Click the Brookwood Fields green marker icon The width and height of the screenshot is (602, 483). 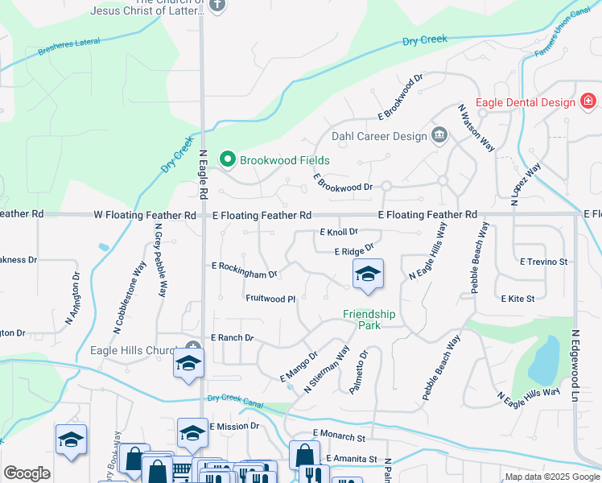tap(227, 160)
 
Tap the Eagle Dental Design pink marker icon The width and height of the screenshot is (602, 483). tap(588, 102)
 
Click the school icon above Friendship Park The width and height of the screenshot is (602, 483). tap(368, 275)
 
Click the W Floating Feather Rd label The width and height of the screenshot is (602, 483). tap(145, 215)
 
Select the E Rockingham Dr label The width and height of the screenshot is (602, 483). tap(244, 270)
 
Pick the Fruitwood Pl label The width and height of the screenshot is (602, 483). tap(270, 299)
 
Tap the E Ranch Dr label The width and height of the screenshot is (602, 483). tap(232, 338)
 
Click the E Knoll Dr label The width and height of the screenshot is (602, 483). tap(338, 232)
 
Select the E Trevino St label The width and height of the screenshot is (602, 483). tap(544, 262)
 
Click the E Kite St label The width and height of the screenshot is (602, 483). tap(517, 299)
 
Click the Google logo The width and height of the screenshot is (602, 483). tap(27, 473)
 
